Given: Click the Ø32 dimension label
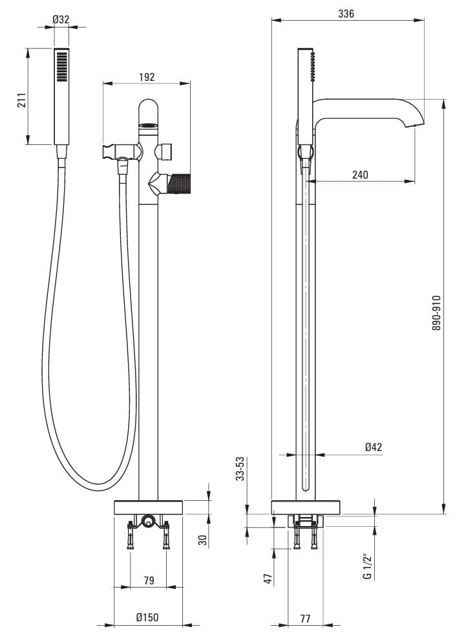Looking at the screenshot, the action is coord(61,19).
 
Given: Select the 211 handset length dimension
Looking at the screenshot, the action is coord(21,100).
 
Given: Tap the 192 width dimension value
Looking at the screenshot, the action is coord(147,77).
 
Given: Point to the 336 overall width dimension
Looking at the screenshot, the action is coord(346,14).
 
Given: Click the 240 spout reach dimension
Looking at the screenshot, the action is coord(360,175).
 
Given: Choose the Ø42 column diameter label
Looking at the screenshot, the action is coord(374,447).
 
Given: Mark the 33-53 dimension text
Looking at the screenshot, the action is coord(241,469).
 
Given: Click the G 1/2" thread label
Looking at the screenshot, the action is coord(367,566).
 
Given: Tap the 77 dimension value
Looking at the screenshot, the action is coord(305,619).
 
